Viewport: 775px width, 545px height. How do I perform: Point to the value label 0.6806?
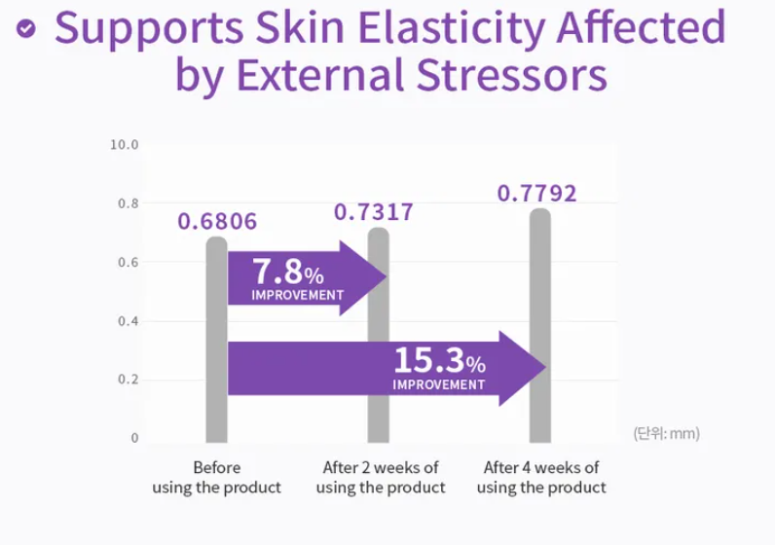[217, 222]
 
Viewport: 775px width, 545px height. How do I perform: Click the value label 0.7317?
[374, 212]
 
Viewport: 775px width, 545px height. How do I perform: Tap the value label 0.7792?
[536, 193]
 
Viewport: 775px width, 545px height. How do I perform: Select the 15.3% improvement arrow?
[389, 368]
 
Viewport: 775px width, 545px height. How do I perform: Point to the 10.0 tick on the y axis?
[124, 145]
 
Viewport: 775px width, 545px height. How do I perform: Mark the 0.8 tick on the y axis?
[128, 203]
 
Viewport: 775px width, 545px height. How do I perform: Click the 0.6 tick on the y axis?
[128, 263]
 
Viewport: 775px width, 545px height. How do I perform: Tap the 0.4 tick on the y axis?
[128, 321]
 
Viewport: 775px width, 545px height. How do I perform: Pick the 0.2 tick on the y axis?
[128, 380]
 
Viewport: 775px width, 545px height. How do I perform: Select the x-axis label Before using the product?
[216, 477]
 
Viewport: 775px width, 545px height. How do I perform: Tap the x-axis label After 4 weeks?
[541, 477]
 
